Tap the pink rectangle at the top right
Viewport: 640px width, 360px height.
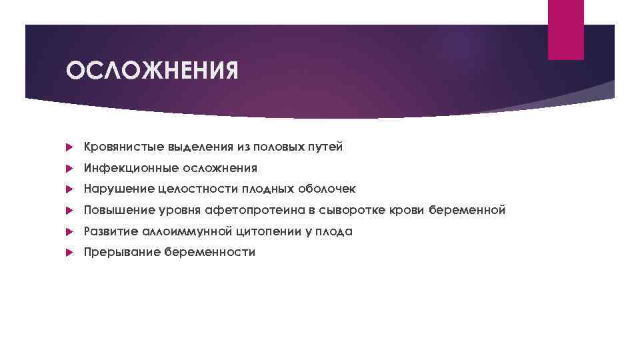click(565, 30)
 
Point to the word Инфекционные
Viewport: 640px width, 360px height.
click(123, 168)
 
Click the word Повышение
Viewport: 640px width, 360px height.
click(117, 211)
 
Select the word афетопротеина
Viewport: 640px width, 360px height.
click(257, 211)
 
